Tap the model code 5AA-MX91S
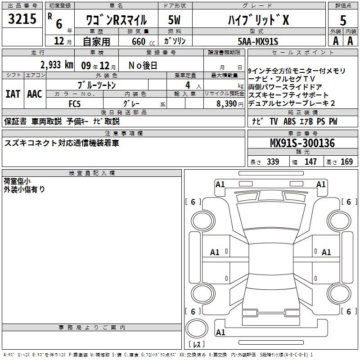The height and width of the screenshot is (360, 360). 258,41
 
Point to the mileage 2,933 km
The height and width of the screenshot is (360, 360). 56,65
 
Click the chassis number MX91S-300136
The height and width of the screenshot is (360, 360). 302,144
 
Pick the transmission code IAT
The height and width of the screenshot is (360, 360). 13,94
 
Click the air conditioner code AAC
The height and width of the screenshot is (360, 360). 34,94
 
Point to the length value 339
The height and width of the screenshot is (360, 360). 273,162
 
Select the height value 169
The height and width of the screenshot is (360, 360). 346,162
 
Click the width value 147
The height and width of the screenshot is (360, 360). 310,162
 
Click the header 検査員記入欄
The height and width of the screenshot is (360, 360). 92,173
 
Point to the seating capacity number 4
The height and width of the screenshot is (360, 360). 186,85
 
